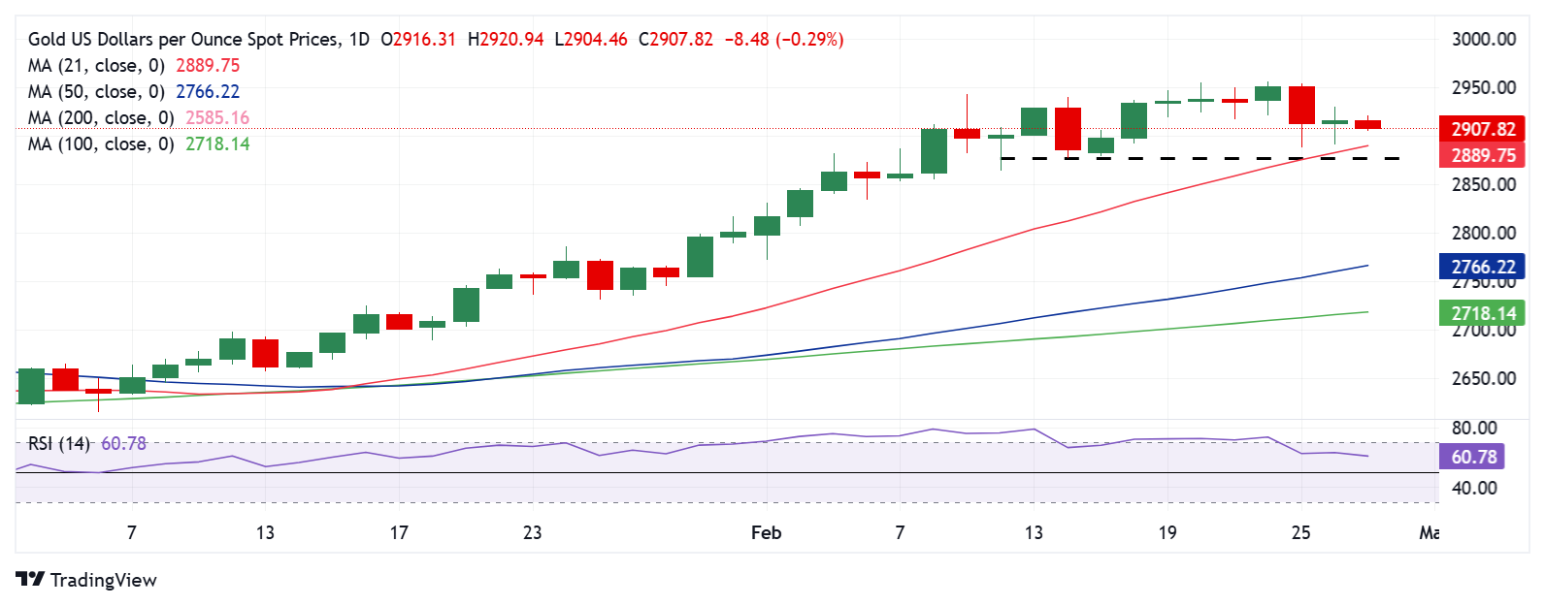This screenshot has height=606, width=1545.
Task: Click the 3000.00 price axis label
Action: point(1483,40)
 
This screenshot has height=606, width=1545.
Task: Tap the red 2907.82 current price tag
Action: point(1483,129)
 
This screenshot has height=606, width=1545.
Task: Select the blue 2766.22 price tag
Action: point(1483,267)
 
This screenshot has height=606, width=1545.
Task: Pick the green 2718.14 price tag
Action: point(1483,313)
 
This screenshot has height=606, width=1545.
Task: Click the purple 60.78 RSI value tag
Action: point(1473,457)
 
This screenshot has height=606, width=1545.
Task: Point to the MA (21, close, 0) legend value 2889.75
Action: point(208,66)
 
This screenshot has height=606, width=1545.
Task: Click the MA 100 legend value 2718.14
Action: point(217,144)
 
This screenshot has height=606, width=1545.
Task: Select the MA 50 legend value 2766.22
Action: point(208,92)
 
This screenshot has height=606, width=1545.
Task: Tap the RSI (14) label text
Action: point(59,444)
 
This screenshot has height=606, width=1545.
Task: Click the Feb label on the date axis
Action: point(766,532)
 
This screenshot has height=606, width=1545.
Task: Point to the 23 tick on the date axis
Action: point(532,532)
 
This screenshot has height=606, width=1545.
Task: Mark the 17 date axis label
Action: point(399,532)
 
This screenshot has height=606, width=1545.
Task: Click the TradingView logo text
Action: point(103,580)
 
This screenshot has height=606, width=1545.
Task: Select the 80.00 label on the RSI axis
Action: point(1473,428)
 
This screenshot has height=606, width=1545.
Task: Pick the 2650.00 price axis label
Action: point(1483,379)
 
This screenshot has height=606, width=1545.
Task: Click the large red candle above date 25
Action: point(1301,105)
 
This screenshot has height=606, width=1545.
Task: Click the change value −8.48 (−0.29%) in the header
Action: point(784,40)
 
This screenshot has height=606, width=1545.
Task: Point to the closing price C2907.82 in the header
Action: point(675,40)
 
